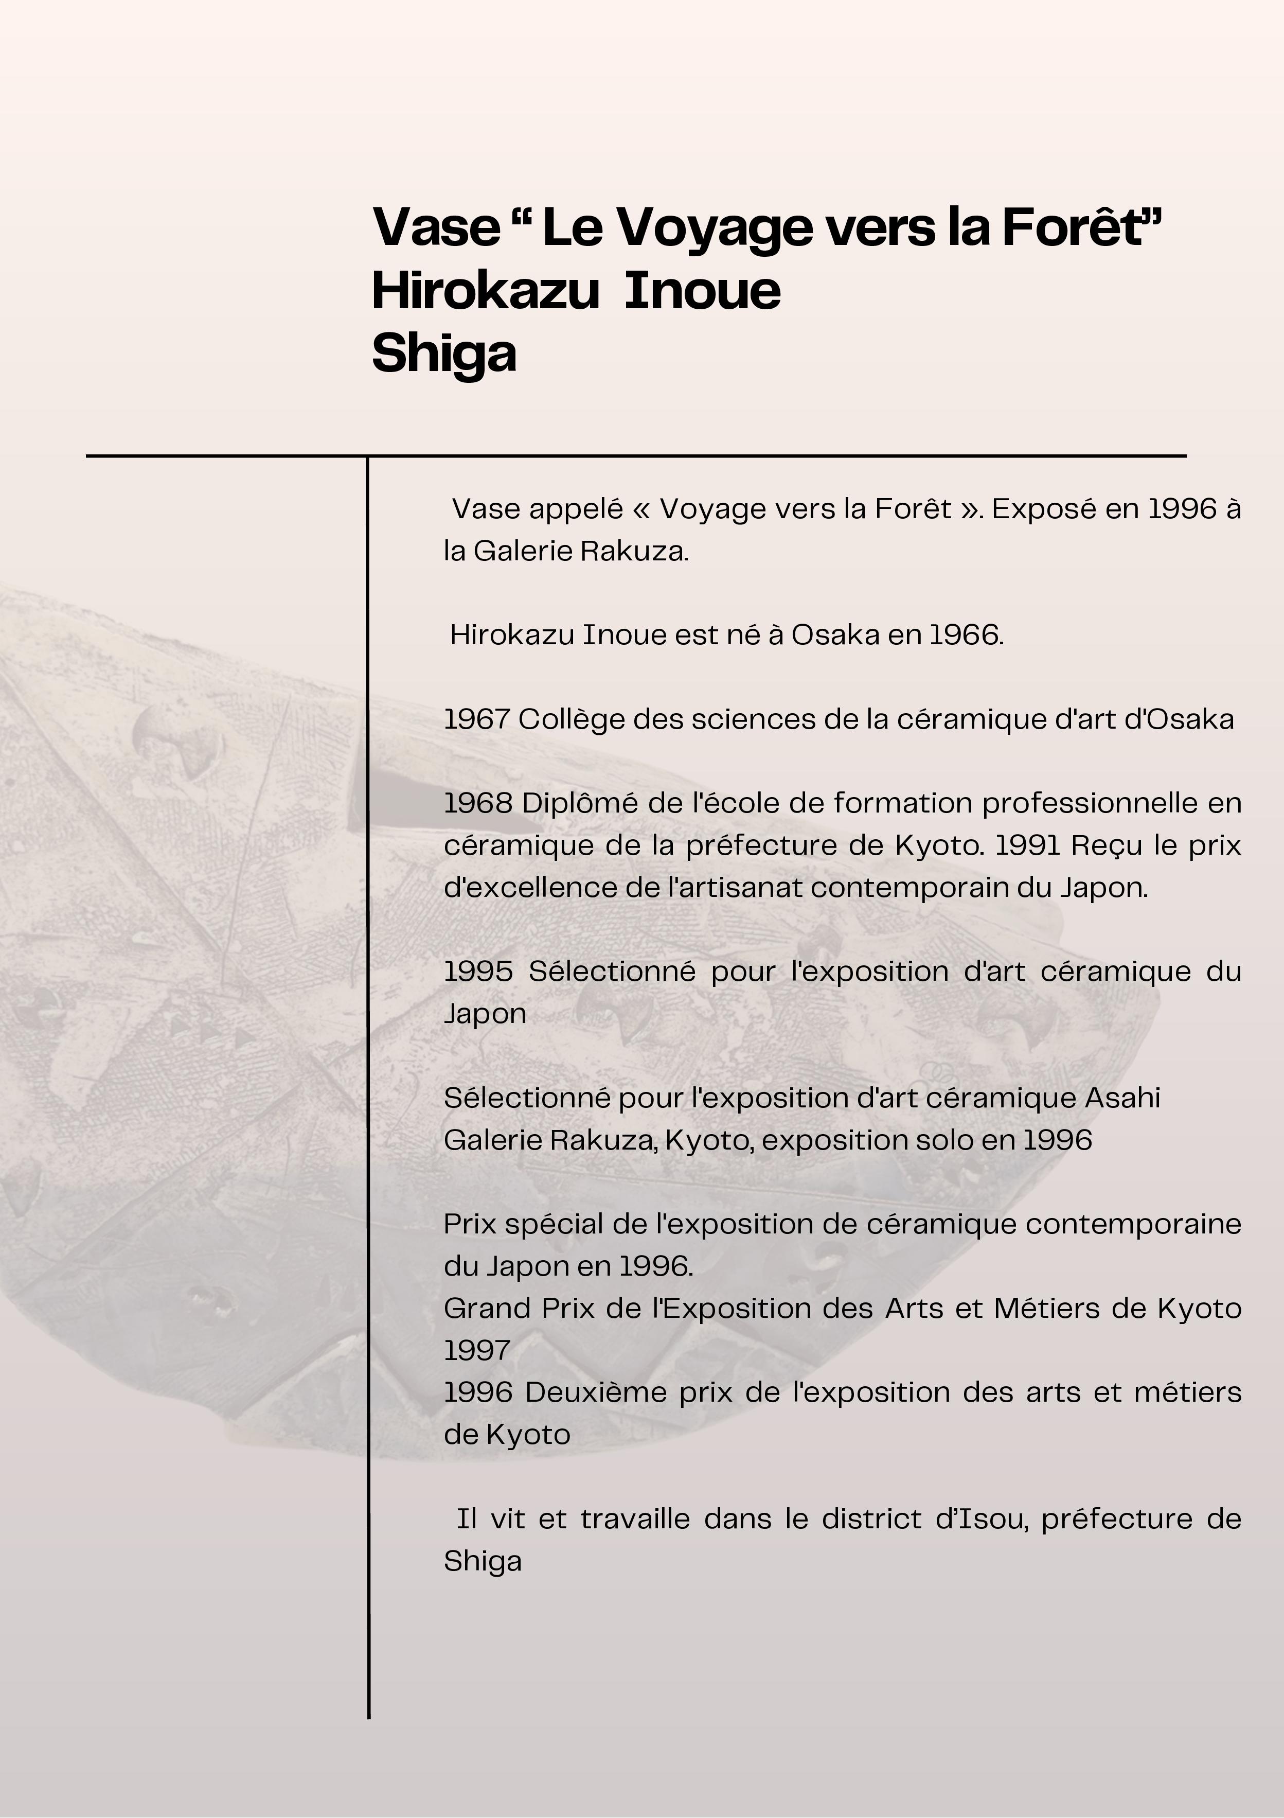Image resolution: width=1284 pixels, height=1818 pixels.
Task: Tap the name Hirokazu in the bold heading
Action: point(485,291)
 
